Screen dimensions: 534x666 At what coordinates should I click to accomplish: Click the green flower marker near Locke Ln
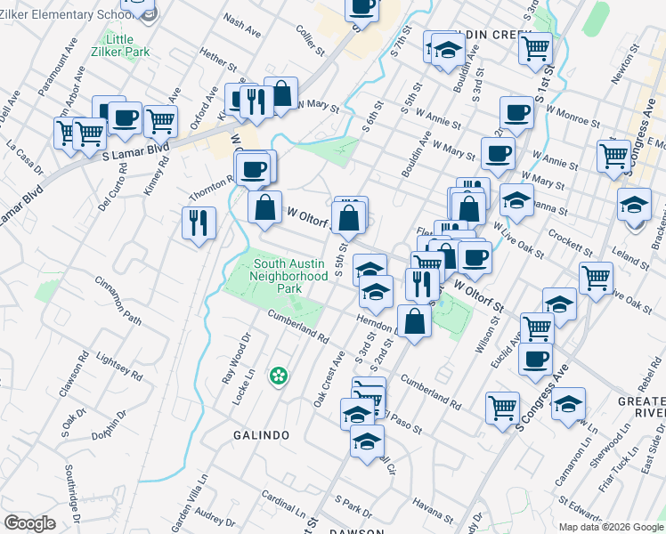pyautogui.click(x=279, y=376)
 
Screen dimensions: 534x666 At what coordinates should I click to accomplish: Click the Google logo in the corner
pyautogui.click(x=29, y=523)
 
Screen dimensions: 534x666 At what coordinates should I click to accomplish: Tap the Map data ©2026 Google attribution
pyautogui.click(x=610, y=526)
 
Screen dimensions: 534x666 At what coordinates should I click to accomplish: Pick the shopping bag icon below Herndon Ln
pyautogui.click(x=414, y=321)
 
